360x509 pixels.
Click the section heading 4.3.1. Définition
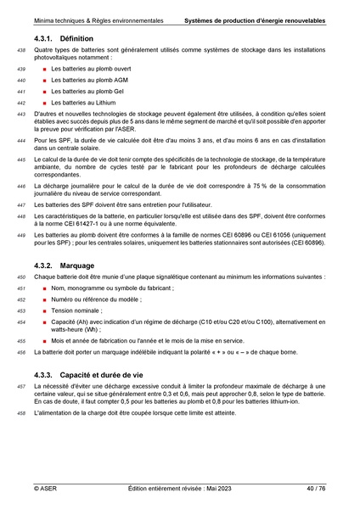[x=64, y=39]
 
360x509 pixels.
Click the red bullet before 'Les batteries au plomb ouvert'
[x=43, y=68]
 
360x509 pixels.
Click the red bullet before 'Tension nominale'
[x=43, y=311]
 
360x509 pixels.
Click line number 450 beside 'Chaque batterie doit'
[x=21, y=277]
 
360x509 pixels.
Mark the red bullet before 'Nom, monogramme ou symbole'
[x=43, y=288]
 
